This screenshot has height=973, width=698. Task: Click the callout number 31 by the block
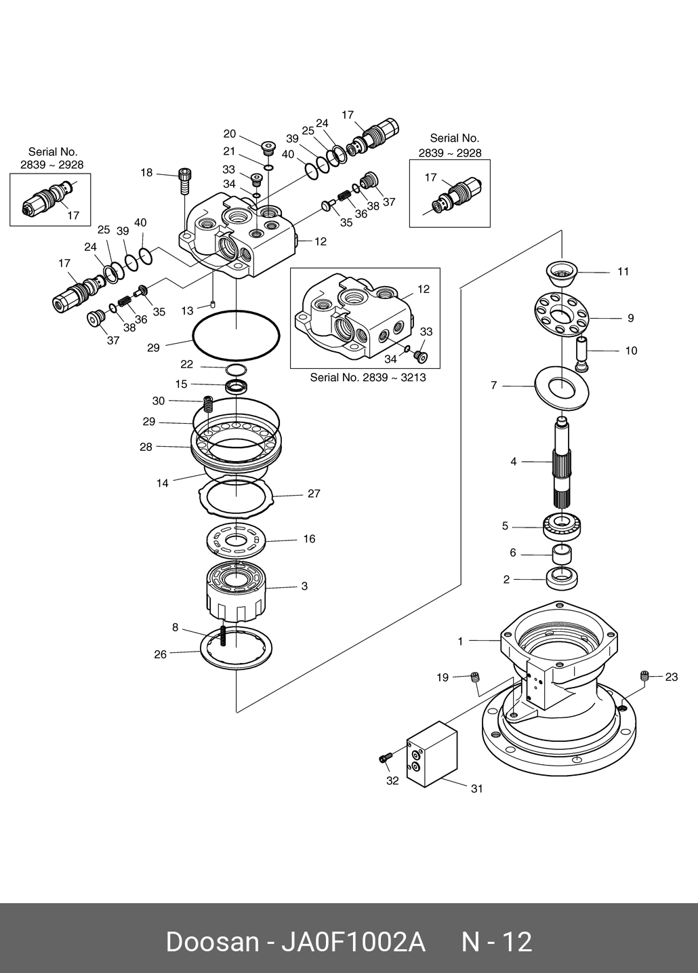click(x=477, y=789)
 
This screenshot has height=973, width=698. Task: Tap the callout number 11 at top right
click(x=623, y=271)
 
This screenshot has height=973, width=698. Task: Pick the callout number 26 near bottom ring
click(x=160, y=654)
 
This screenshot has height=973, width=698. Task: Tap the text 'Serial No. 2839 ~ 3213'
click(x=368, y=377)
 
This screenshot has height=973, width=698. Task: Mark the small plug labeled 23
click(x=644, y=675)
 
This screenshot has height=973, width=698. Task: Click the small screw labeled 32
click(x=386, y=758)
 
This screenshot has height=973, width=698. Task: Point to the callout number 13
click(x=187, y=311)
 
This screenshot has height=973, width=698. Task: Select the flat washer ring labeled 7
click(x=562, y=386)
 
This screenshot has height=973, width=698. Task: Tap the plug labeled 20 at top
click(x=268, y=146)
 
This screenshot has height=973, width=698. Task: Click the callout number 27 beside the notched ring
click(x=314, y=494)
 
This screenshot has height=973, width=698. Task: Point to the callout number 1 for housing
click(x=460, y=641)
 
